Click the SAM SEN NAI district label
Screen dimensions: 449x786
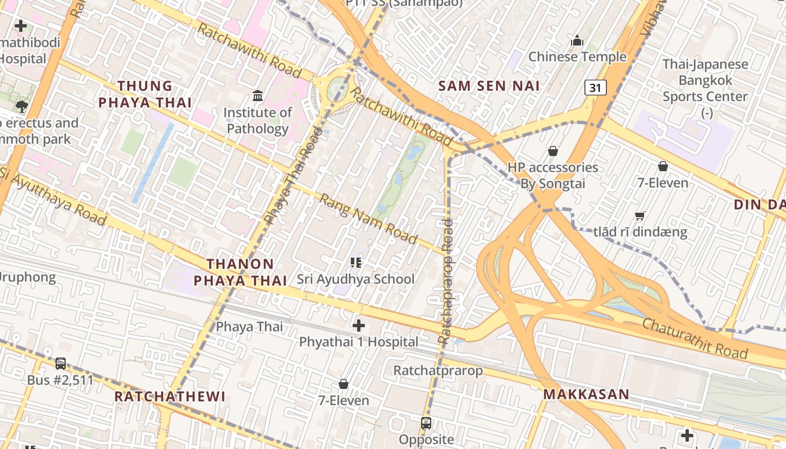pos(488,86)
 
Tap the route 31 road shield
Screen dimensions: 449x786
pos(595,88)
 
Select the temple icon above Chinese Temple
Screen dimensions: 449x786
pos(577,40)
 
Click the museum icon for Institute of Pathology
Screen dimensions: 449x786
pos(258,96)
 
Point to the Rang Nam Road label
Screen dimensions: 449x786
pos(368,219)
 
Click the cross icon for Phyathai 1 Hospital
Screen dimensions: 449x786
pos(359,325)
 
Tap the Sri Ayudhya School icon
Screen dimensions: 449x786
pos(355,262)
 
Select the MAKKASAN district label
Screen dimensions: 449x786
pos(586,394)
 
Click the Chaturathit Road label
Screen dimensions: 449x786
pos(694,338)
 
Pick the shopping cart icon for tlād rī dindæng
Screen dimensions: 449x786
pos(639,216)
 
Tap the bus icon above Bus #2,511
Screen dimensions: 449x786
pos(61,363)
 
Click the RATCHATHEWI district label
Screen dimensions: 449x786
pos(170,396)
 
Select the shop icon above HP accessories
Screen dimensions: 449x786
pos(552,151)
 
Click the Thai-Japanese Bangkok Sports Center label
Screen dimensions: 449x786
pos(705,80)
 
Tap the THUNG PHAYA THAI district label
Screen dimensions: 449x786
pos(145,94)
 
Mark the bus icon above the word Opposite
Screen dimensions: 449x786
pos(426,423)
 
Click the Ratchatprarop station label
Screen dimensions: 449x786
pos(438,370)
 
